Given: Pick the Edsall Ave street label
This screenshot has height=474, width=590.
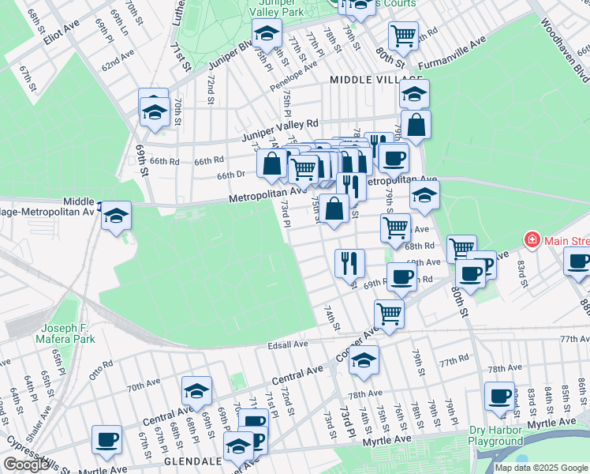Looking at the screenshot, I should click(x=287, y=344).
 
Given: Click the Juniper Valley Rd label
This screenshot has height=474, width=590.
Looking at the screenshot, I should click(x=279, y=124).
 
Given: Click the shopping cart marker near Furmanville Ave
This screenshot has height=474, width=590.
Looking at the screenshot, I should click(x=402, y=35).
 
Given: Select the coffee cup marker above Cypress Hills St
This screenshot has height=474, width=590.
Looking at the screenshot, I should click(x=106, y=439).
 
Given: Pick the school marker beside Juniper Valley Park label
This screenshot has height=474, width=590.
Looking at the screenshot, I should click(x=267, y=33).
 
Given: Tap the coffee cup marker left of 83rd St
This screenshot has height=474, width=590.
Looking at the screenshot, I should click(x=499, y=397).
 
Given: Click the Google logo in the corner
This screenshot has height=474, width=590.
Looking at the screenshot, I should click(x=26, y=465).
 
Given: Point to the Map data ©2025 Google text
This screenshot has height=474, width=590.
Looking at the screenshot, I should click(x=541, y=468).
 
